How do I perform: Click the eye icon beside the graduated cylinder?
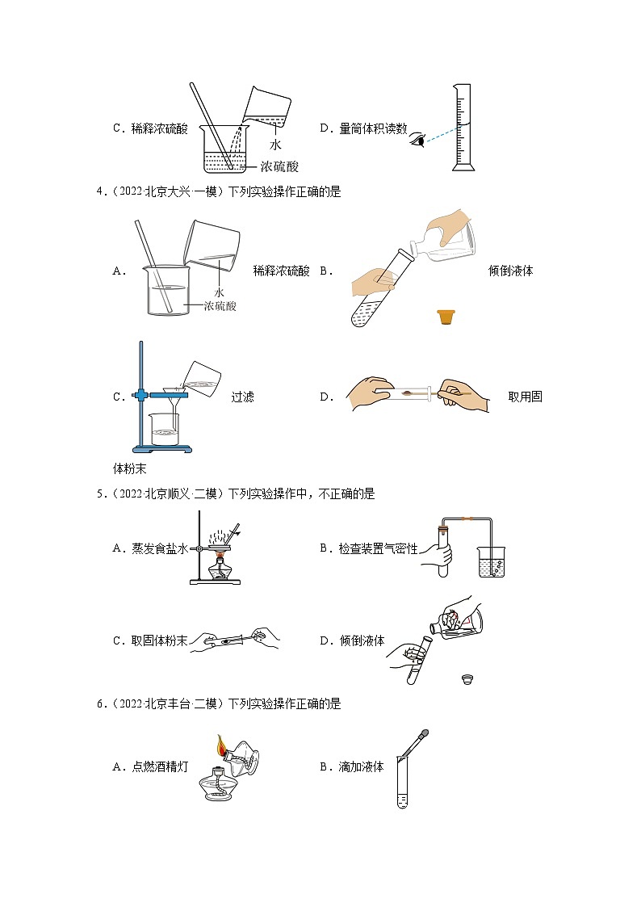pyautogui.click(x=417, y=139)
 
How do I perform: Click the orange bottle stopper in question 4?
pyautogui.click(x=444, y=317)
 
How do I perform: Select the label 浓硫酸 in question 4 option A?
pyautogui.click(x=220, y=306)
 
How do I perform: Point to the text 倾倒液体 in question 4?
pyautogui.click(x=510, y=271)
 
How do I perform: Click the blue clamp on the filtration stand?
pyautogui.click(x=143, y=395)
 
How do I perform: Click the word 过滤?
pyautogui.click(x=242, y=397)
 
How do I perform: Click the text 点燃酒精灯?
pyautogui.click(x=160, y=766)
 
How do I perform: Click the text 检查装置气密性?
pyautogui.click(x=378, y=548)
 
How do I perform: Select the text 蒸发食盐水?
pyautogui.click(x=160, y=548)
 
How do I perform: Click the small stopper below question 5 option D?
pyautogui.click(x=465, y=678)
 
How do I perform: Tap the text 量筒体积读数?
pyautogui.click(x=373, y=128)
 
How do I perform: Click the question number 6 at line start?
pyautogui.click(x=99, y=704)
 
